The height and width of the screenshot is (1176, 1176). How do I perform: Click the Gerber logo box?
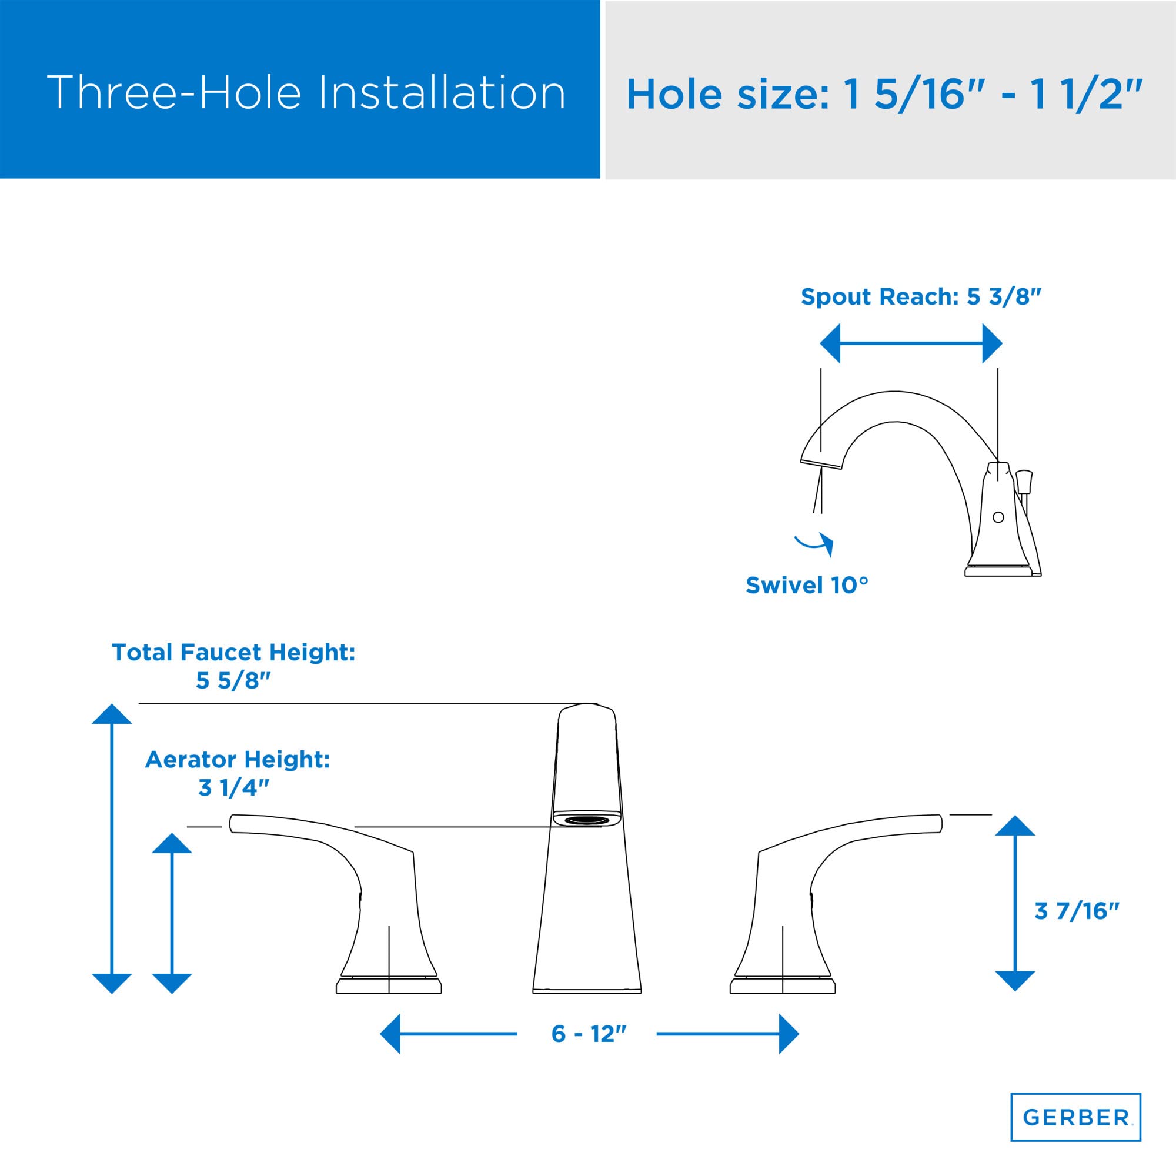(x=1075, y=1117)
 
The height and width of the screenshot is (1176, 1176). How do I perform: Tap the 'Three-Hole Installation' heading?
(x=306, y=92)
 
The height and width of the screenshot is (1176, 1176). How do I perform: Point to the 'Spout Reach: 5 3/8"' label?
(x=921, y=296)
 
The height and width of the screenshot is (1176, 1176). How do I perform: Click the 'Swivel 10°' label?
(x=807, y=585)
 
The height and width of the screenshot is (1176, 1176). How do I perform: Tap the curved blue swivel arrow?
(x=814, y=542)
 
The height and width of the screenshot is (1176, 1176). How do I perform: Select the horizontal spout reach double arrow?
(x=911, y=343)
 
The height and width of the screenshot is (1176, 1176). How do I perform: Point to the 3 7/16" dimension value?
(x=1077, y=911)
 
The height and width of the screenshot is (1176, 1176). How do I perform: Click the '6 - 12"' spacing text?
(x=588, y=1034)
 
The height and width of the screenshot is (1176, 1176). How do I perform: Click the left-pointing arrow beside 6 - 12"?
(x=447, y=1034)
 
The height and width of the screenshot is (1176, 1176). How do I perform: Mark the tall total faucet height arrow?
(x=112, y=849)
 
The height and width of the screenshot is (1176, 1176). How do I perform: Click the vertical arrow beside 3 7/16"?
(x=1015, y=903)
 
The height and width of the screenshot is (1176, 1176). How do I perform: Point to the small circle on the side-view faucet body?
(x=998, y=517)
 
